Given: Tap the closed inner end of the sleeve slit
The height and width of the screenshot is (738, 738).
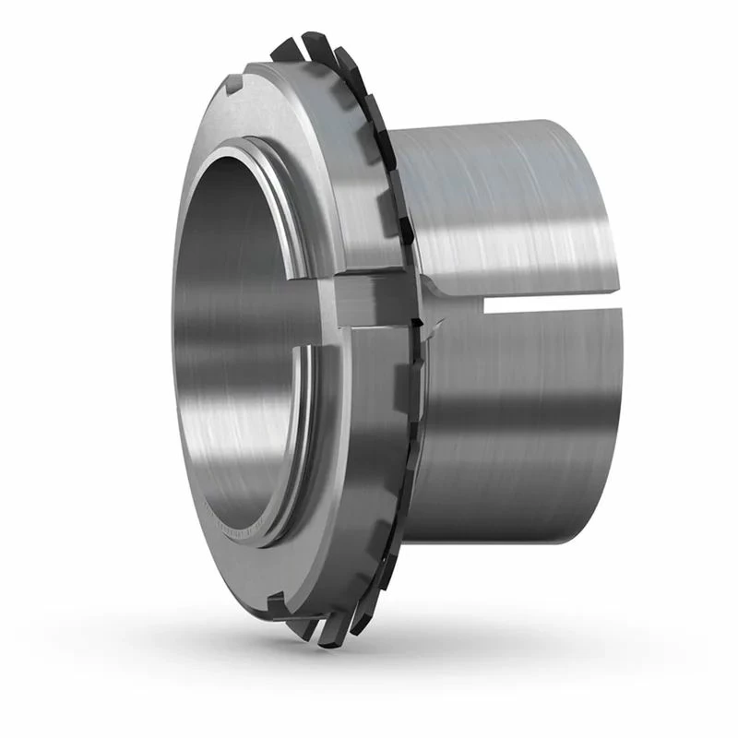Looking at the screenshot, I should (x=487, y=304).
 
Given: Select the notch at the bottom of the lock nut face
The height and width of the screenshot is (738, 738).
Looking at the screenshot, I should (x=275, y=605).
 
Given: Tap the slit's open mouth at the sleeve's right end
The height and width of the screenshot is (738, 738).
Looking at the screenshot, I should (x=609, y=304).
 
